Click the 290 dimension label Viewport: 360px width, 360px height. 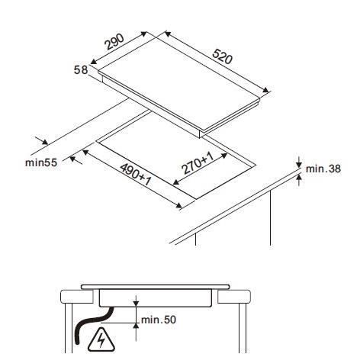[x=114, y=41]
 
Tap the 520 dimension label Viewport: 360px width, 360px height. [x=222, y=56]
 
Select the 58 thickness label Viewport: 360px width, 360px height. [x=81, y=70]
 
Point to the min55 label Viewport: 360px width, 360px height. [x=41, y=162]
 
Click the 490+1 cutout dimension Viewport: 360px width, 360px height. [x=136, y=175]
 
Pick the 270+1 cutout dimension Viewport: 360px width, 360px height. [x=198, y=163]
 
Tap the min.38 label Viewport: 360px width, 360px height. [x=323, y=169]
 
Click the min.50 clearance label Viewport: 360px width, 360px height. [x=159, y=320]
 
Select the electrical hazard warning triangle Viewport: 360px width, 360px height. [x=101, y=340]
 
